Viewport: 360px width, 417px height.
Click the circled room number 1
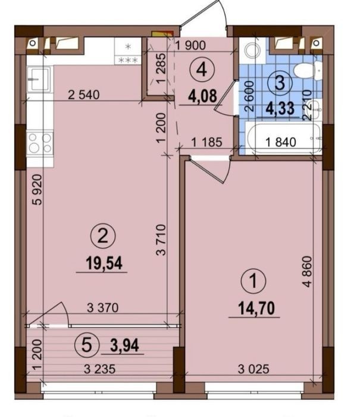pos(253,281)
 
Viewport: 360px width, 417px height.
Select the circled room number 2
pos(103,236)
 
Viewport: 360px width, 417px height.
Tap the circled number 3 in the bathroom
pos(280,83)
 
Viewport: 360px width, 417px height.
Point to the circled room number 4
pos(202,70)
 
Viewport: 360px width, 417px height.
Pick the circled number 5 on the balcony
pos(87,345)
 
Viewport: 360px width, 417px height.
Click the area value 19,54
pos(104,263)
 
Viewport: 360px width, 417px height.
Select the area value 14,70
pos(256,308)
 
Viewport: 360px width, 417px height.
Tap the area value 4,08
pos(202,96)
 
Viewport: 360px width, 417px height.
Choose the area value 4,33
pos(280,108)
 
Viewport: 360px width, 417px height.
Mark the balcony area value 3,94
pos(124,346)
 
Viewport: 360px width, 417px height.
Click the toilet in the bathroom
pos(308,70)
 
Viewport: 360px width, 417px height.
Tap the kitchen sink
pos(39,79)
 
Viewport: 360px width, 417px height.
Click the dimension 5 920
pos(37,189)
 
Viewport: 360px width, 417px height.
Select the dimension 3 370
pos(103,308)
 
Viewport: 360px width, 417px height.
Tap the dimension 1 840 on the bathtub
pos(281,142)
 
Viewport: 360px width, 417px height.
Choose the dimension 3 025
pos(253,369)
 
